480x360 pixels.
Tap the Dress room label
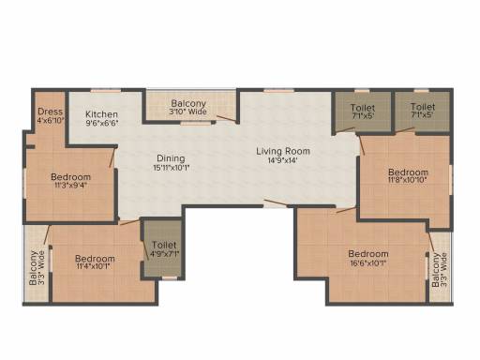click(x=50, y=112)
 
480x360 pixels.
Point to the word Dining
click(x=171, y=158)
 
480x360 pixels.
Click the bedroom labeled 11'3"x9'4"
click(x=70, y=182)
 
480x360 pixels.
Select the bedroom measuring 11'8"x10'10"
click(x=408, y=177)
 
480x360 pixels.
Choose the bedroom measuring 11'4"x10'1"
click(x=95, y=263)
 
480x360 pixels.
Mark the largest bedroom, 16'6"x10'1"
click(x=367, y=259)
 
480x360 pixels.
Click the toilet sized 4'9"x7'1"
click(x=160, y=248)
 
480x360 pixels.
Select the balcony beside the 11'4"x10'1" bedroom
click(x=36, y=266)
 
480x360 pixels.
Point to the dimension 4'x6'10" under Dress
click(x=50, y=121)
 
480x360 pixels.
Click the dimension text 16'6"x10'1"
click(x=367, y=264)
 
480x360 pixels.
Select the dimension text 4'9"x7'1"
click(x=160, y=254)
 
